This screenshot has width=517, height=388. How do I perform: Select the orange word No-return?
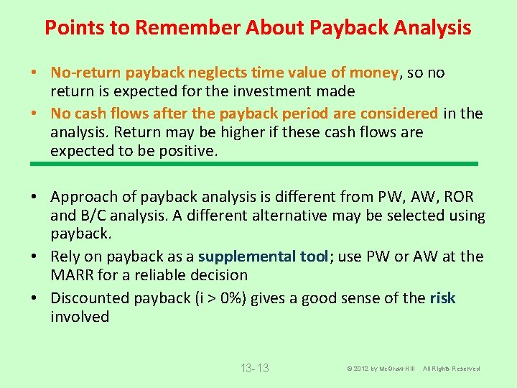tap(86, 73)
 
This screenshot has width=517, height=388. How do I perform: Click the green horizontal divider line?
tap(254, 164)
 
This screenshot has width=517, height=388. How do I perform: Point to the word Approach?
tap(83, 197)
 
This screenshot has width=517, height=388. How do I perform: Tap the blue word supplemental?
tap(244, 257)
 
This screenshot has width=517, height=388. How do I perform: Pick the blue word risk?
tap(442, 298)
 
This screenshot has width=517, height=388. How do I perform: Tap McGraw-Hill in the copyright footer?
tap(393, 369)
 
